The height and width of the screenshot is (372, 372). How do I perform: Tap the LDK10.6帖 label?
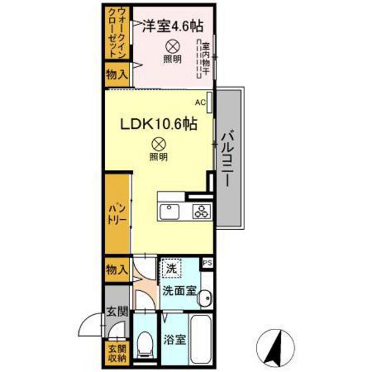pos(157,123)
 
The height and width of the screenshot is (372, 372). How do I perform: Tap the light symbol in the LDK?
pos(158,142)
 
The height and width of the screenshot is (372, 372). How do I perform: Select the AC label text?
pos(199,103)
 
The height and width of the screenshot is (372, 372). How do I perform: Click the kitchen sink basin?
pos(169,212)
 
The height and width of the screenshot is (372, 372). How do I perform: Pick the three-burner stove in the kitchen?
pos(201,211)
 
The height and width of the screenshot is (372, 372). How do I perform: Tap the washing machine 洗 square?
pos(171,269)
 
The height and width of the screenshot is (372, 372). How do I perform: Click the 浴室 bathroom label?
pos(175,338)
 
